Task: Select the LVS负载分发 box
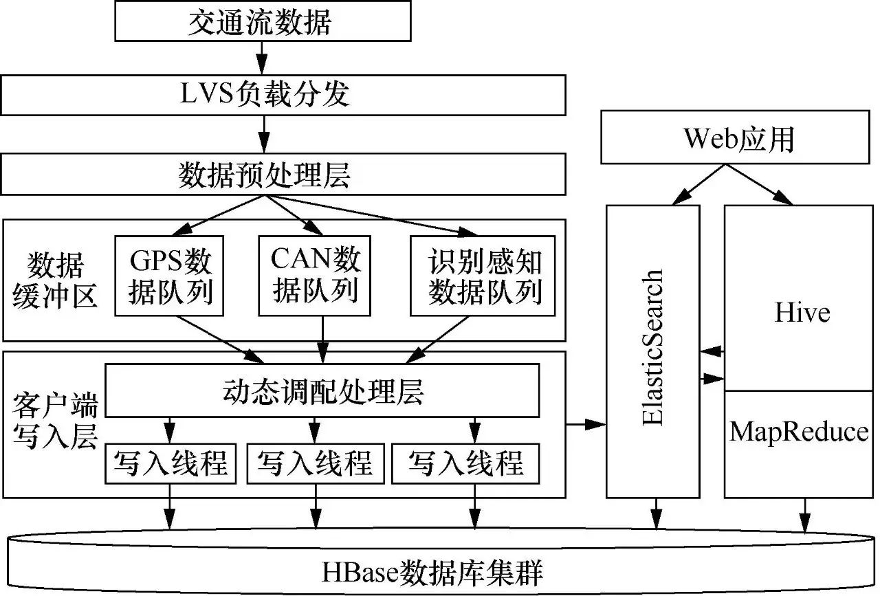(283, 94)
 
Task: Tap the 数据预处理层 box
(283, 175)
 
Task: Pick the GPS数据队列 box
(171, 276)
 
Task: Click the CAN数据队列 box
(316, 276)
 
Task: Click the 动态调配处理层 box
(322, 390)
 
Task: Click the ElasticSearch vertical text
(652, 348)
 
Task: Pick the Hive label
(802, 313)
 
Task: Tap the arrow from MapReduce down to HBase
(803, 514)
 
